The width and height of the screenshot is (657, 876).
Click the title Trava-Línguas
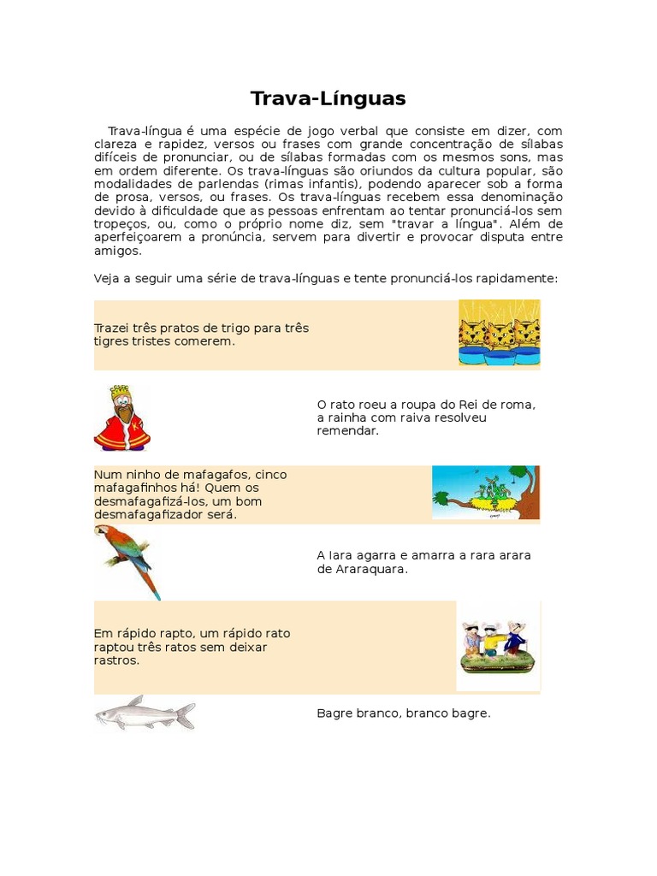(328, 98)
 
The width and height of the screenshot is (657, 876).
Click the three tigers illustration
(499, 333)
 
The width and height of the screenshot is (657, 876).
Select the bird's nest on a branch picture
(485, 493)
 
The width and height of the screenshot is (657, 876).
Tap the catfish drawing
(145, 713)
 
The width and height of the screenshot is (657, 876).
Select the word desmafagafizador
(142, 514)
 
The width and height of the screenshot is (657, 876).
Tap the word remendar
(346, 430)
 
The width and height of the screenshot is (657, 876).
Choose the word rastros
(116, 660)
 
